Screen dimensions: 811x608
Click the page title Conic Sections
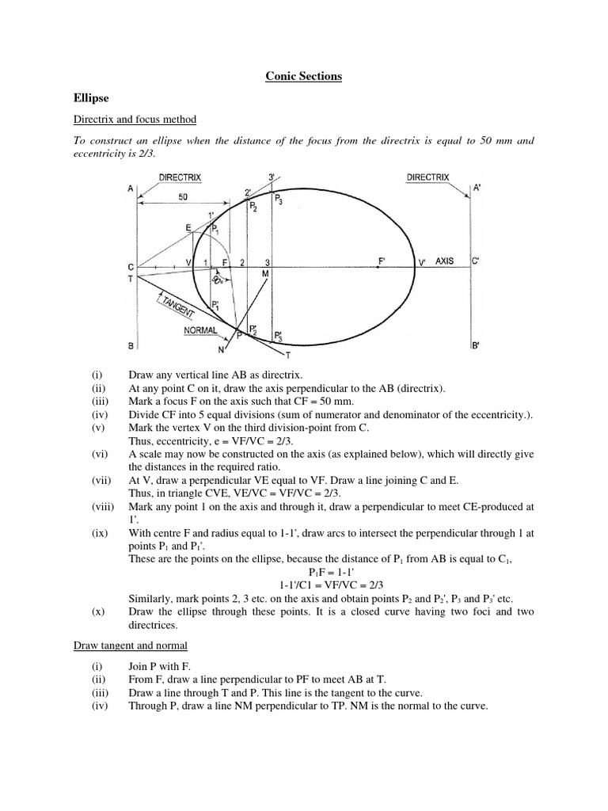tap(303, 76)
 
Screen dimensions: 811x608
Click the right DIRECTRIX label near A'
tap(427, 177)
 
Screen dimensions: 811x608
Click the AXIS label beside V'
tap(445, 261)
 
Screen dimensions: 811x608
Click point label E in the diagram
tap(188, 228)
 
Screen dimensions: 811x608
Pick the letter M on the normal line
tap(265, 273)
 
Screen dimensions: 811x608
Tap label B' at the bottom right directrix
tap(476, 346)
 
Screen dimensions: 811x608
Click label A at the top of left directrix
tap(129, 188)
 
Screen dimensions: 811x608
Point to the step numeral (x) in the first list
tap(97, 611)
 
